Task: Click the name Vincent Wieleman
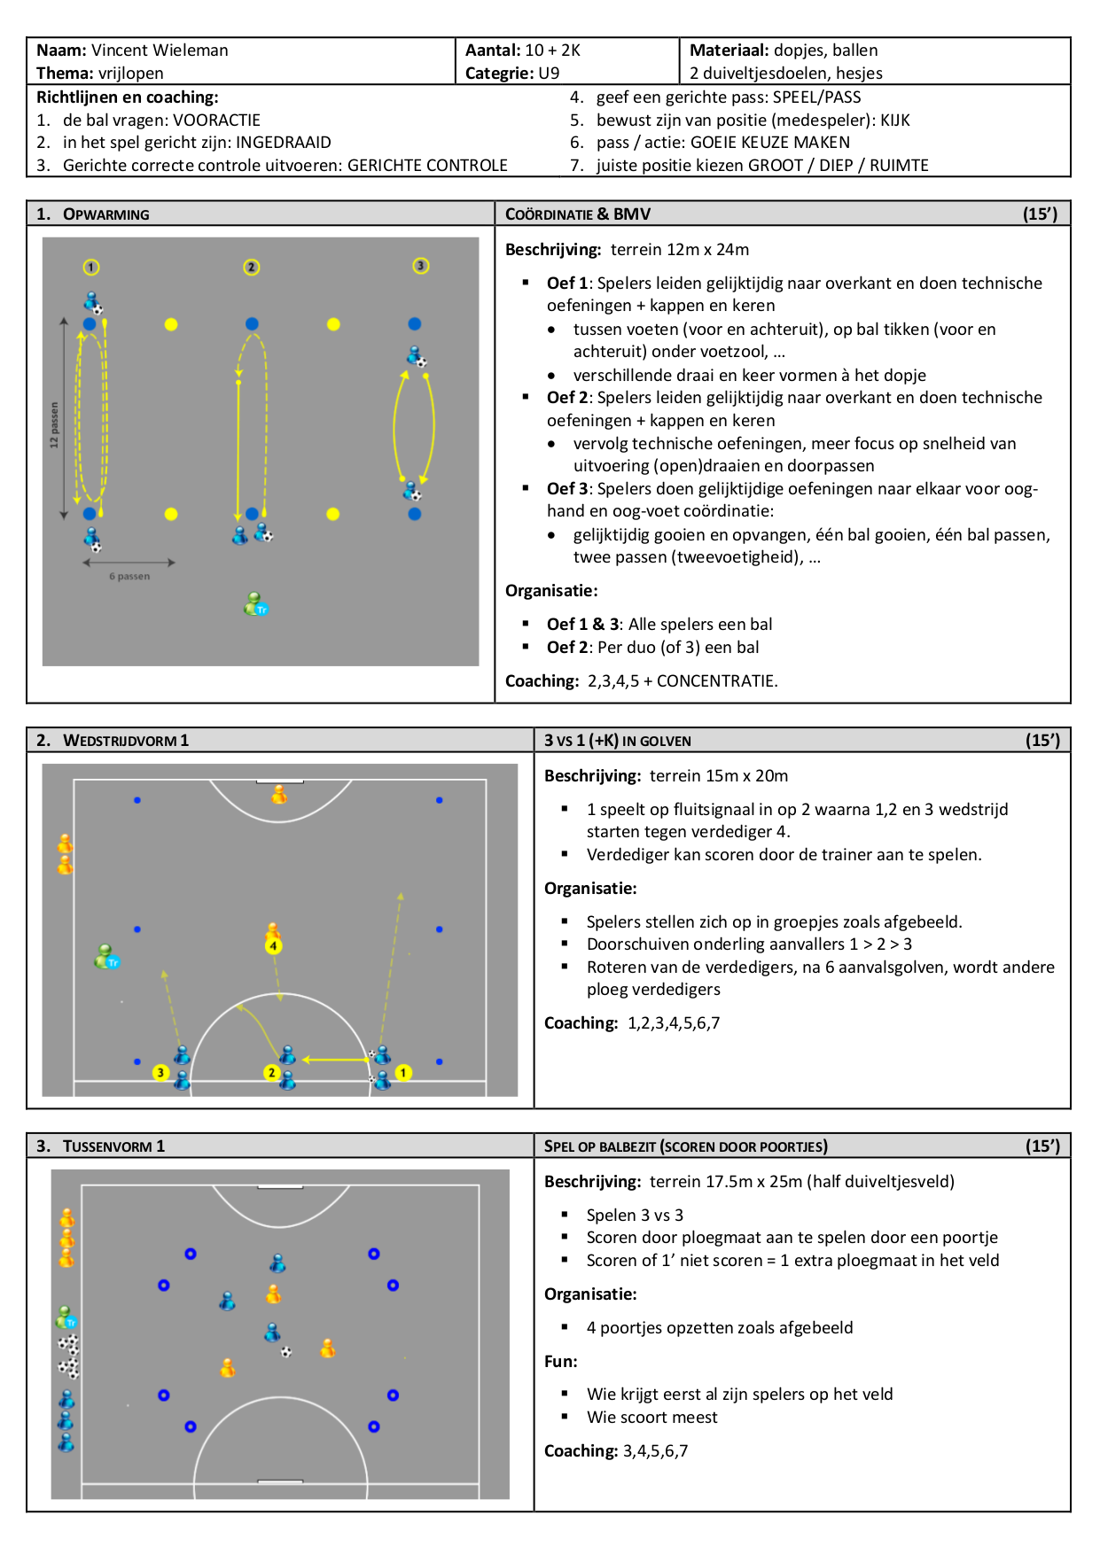[160, 51]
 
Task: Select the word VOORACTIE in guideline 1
[216, 120]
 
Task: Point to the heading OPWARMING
[106, 214]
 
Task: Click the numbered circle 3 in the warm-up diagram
[421, 266]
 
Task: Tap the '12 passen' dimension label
[54, 424]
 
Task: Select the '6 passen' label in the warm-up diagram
[129, 576]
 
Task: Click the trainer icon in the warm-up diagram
[255, 604]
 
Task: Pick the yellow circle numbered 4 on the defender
[273, 946]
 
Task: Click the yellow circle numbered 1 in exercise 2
[403, 1073]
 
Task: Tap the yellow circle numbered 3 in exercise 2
[160, 1073]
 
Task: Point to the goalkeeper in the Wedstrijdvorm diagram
[279, 794]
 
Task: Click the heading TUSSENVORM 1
[113, 1146]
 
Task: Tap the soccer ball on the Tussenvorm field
[286, 1352]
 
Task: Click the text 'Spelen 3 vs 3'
[635, 1216]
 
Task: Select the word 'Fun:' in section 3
[561, 1362]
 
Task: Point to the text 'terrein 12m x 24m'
[680, 250]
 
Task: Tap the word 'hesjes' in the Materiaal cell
[860, 74]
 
